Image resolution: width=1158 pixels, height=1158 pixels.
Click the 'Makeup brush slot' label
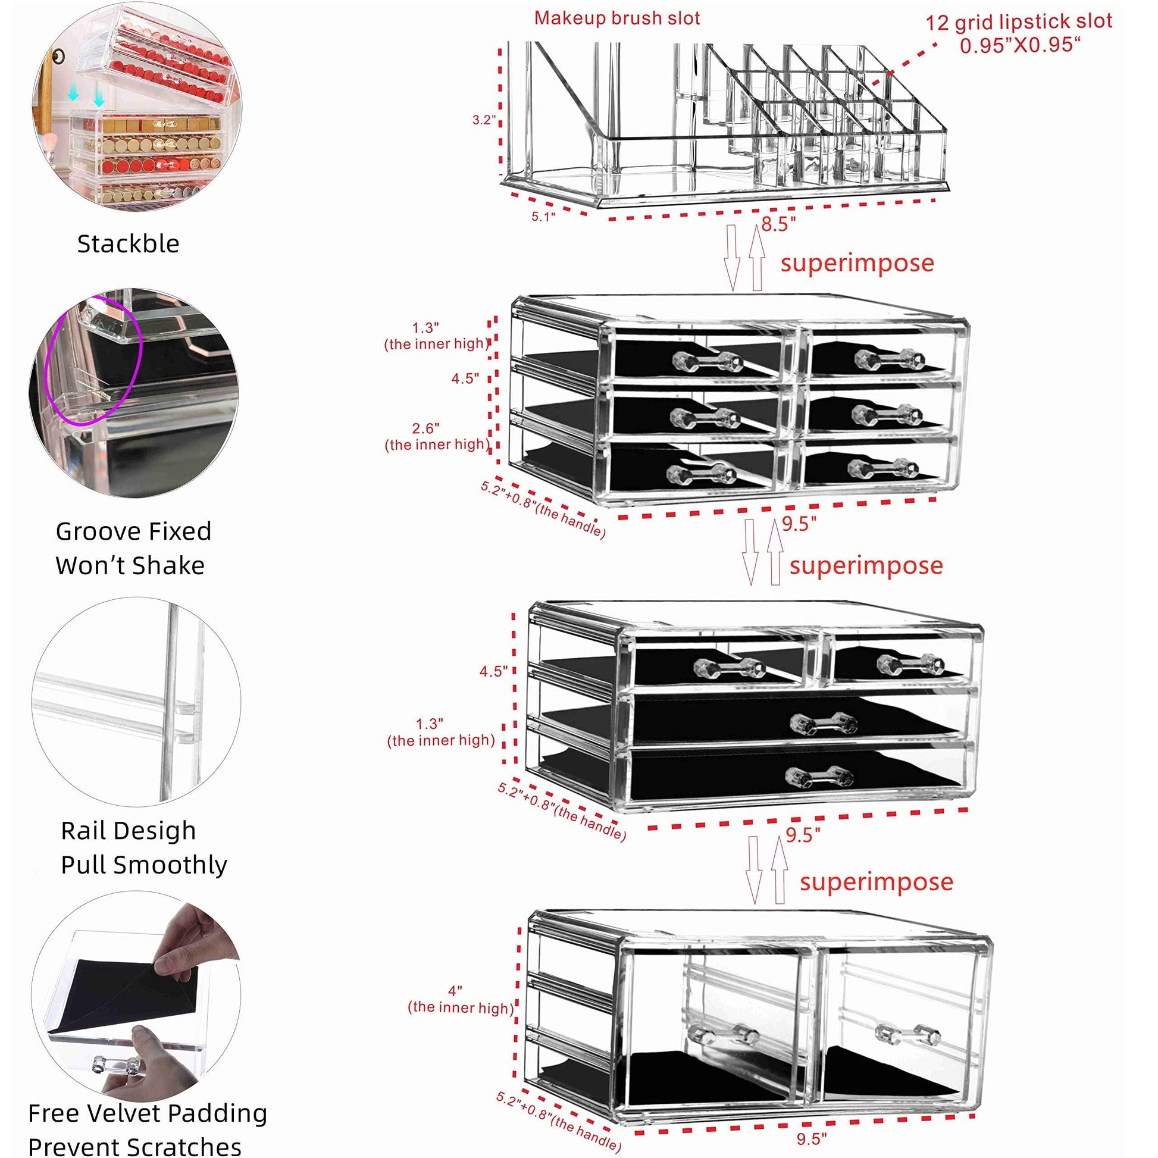tap(616, 18)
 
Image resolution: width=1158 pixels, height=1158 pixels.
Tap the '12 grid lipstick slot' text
tap(1018, 22)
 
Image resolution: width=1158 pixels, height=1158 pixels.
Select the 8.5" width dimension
tap(778, 224)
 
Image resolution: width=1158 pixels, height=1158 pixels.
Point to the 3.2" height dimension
tap(483, 119)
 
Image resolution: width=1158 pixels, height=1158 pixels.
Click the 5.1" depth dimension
tap(543, 217)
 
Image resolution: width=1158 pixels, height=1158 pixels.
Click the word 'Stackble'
tap(129, 244)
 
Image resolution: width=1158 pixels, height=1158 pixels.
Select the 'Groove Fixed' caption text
tap(133, 531)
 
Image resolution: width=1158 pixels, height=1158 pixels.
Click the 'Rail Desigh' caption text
tap(129, 831)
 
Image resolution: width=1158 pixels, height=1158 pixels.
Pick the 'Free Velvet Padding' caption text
tap(148, 1113)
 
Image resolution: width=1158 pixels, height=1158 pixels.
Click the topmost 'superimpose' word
tap(856, 263)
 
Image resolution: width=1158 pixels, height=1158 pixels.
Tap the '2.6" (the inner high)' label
tap(436, 436)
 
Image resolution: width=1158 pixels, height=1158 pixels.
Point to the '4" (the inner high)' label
tap(460, 999)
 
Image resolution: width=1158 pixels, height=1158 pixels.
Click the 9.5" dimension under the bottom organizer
tap(812, 1138)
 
